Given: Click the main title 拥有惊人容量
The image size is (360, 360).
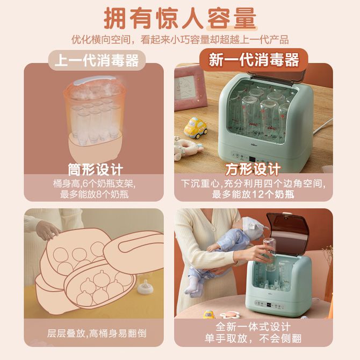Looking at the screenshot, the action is point(180,18).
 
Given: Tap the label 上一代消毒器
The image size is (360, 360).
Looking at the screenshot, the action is point(97,60).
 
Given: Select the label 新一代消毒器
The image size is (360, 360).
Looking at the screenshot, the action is point(254,60).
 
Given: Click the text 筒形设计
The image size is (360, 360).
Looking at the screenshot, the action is point(96,170).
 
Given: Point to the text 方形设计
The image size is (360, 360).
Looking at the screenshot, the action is point(253,169).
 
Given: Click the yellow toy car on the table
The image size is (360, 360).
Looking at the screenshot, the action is point(196,128).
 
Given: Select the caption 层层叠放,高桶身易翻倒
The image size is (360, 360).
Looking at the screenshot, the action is point(97,333).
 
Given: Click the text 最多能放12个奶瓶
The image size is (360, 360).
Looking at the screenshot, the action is point(253,195).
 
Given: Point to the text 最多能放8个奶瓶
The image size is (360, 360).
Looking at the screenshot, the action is point(94,195).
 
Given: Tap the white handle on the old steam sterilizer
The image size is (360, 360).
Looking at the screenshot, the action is point(95,80).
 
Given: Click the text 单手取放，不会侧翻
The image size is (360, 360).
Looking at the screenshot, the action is point(253,339).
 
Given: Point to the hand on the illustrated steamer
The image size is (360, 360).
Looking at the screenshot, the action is point(47,229).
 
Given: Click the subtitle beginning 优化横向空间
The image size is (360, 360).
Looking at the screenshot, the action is point(180,40).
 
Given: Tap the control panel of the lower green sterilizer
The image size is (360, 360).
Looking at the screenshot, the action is point(269,305).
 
